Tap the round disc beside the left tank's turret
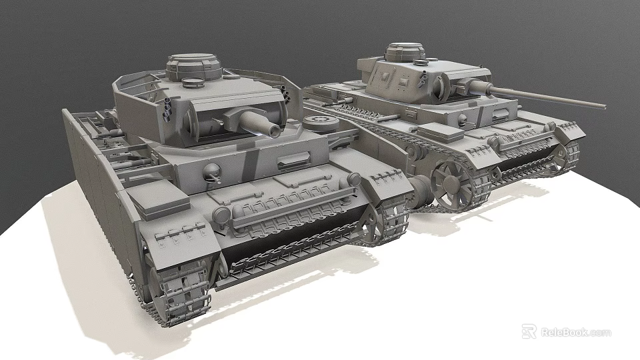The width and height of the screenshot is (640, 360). click(319, 121)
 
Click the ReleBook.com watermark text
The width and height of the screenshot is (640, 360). click(575, 332)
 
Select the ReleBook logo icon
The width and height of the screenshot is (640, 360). click(529, 331)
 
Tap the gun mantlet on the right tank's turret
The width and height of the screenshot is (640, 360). click(461, 90)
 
